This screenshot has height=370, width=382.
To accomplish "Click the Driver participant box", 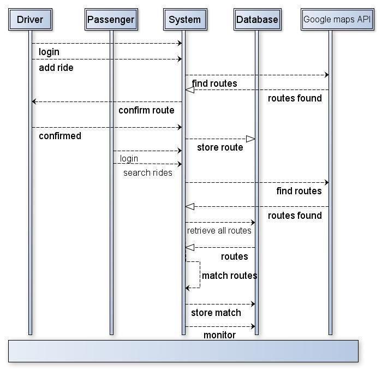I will coord(30,20).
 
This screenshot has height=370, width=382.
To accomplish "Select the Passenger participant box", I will coord(111,20).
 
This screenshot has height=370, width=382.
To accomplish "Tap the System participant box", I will coord(184,20).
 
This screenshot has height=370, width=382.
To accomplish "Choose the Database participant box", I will coord(257,20).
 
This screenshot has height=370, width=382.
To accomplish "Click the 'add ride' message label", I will coord(56,68).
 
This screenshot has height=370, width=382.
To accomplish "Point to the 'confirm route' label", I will coord(146,110).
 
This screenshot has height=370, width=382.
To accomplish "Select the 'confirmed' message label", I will coord(59,136).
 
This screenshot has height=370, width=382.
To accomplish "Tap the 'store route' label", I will coord(220,147).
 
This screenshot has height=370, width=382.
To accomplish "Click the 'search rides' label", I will coord(147,172).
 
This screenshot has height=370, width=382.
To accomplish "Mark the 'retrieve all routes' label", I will coord(219,230).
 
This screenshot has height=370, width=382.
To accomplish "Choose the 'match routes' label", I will coord(229,276).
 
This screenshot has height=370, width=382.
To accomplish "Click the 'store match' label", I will coord(216,313).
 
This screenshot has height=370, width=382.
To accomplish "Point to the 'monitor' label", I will coord(219,335).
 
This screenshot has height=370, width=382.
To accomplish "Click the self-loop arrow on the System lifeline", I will coord(200,274).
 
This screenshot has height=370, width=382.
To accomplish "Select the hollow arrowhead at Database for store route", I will coord(250,139).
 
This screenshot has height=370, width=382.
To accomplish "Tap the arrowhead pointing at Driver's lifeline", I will coord(34,102).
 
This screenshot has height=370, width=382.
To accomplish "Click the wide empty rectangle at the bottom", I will coord(183,351).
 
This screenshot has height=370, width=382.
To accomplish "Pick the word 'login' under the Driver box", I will coord(49,52).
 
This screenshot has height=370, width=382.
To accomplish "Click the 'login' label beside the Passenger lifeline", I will coord(129,159).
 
